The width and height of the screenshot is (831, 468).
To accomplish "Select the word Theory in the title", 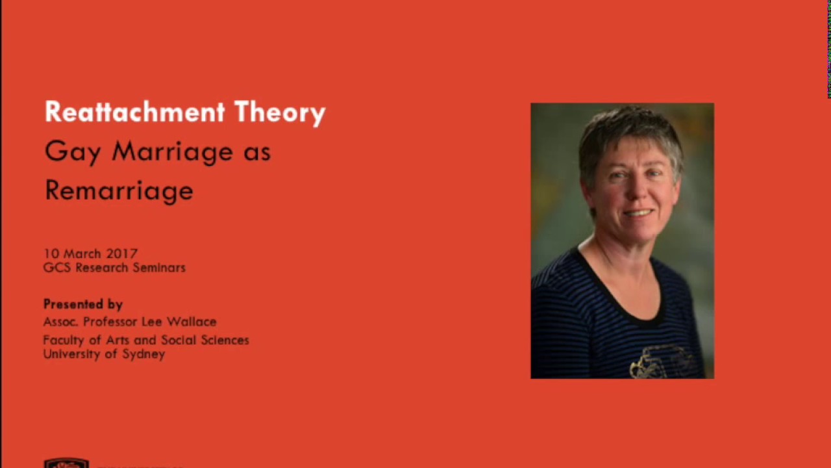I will pos(280,113).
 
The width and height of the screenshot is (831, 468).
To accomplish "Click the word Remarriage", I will pos(119,190).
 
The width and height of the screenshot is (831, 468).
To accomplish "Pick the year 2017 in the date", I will pos(122,253).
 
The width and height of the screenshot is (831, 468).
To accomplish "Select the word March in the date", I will pos(82,253).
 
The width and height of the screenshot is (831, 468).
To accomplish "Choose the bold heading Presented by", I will pos(83,304).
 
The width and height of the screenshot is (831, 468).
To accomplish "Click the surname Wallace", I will pos(192,322).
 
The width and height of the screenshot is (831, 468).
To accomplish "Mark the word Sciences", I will pos(227,340).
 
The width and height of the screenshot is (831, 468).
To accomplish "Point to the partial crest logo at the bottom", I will pos(66,463).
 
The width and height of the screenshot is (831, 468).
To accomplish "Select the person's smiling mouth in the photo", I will pos(638,213).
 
